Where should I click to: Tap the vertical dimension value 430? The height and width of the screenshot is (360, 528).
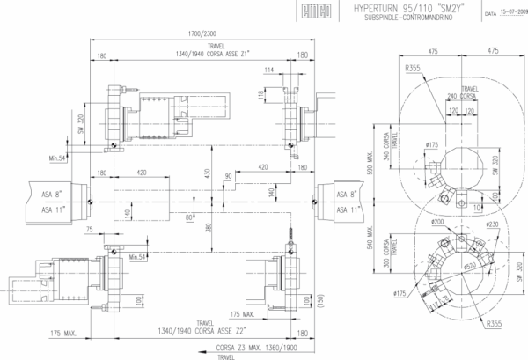(x=209, y=175)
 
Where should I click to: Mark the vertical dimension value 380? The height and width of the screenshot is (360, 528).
(x=209, y=227)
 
